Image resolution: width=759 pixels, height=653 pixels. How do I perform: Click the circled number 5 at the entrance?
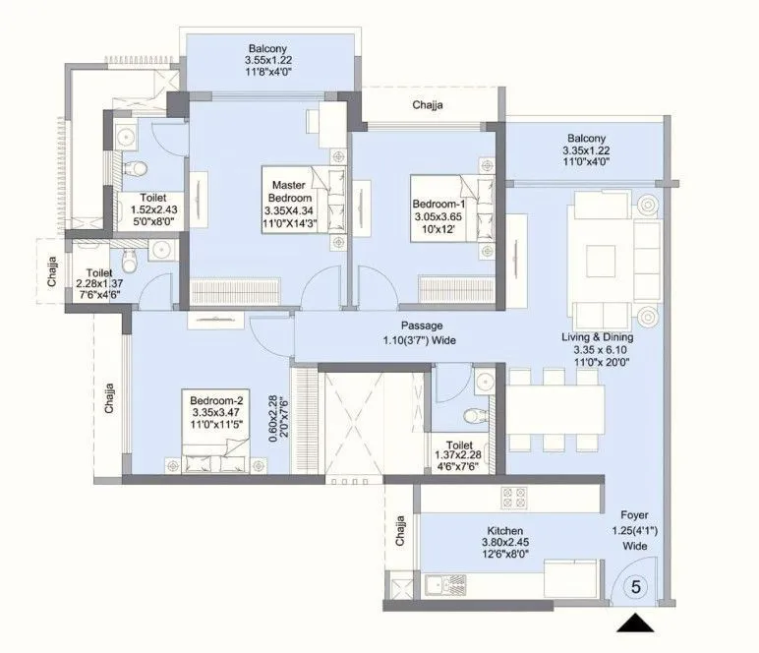(635, 587)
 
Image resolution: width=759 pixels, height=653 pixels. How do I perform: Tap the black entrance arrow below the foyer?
(635, 623)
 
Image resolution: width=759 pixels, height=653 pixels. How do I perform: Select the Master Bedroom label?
(289, 191)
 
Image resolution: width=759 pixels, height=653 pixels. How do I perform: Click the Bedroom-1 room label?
(438, 204)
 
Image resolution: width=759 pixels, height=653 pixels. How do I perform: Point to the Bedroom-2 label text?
(216, 400)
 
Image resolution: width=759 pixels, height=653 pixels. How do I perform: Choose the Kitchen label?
(505, 530)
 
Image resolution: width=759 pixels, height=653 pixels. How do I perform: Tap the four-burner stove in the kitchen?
(513, 498)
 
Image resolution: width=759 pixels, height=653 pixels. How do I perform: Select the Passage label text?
(422, 326)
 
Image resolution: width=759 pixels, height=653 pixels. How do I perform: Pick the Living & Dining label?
(598, 337)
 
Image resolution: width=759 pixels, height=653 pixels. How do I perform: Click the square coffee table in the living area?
(601, 261)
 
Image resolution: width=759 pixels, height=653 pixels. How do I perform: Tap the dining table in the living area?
(555, 409)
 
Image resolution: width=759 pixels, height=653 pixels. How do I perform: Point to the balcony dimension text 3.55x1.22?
(268, 60)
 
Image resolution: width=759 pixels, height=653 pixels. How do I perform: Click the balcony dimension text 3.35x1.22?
(586, 150)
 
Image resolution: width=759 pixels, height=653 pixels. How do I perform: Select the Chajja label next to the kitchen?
(400, 531)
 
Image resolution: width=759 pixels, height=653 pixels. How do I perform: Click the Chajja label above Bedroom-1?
(428, 105)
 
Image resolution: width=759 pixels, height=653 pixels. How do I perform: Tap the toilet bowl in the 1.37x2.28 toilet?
(474, 415)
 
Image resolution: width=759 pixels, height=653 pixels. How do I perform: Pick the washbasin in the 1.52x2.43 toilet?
(126, 136)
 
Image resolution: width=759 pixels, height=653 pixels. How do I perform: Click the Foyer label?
(634, 515)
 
